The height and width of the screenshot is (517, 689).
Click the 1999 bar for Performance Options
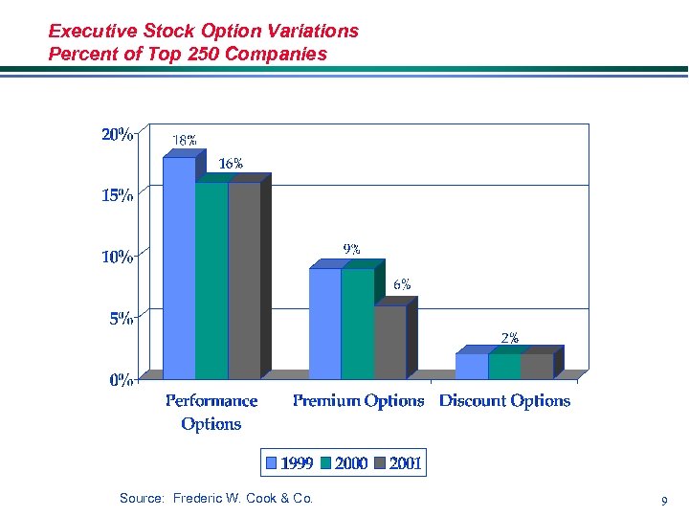pyautogui.click(x=179, y=268)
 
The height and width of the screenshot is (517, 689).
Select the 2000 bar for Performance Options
pyautogui.click(x=211, y=280)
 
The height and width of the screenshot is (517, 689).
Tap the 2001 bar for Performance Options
pyautogui.click(x=244, y=280)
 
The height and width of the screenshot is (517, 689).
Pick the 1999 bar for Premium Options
pyautogui.click(x=325, y=323)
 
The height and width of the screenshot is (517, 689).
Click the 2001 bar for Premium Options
pyautogui.click(x=389, y=342)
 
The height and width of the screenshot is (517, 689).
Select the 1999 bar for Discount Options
pyautogui.click(x=472, y=366)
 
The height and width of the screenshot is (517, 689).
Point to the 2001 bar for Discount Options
pyautogui.click(x=537, y=366)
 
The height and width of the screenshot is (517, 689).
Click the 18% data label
pyautogui.click(x=185, y=141)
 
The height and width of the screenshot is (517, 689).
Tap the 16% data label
pyautogui.click(x=231, y=164)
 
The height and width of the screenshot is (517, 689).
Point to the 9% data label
pyautogui.click(x=352, y=249)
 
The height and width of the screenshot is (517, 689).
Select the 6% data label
pyautogui.click(x=403, y=284)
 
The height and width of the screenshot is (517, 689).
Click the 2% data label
pyautogui.click(x=511, y=337)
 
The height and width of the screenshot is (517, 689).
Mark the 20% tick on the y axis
pyautogui.click(x=118, y=135)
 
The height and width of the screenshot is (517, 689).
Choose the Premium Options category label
pyautogui.click(x=358, y=401)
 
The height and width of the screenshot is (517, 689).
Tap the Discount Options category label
pyautogui.click(x=504, y=401)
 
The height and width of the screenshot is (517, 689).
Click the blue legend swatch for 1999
pyautogui.click(x=272, y=464)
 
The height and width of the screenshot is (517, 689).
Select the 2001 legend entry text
pyautogui.click(x=406, y=464)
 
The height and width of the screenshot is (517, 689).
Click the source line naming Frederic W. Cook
pyautogui.click(x=216, y=498)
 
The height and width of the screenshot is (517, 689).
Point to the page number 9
pyautogui.click(x=663, y=501)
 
